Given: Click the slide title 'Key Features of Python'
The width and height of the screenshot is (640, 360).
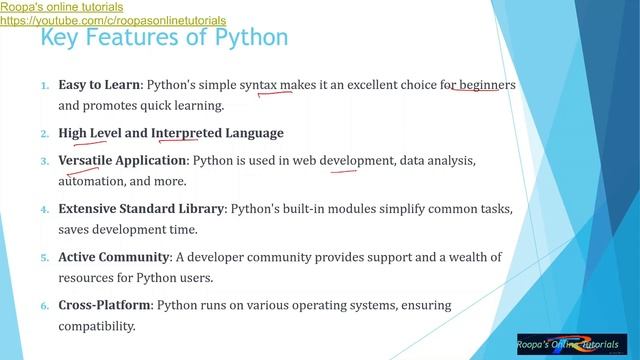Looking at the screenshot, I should click(x=164, y=38).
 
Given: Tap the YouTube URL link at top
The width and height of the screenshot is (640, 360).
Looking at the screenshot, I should click(x=113, y=20).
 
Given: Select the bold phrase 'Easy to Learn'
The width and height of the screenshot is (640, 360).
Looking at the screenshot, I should click(x=99, y=86).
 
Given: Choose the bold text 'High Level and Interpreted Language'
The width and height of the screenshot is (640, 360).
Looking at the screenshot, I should click(x=171, y=133).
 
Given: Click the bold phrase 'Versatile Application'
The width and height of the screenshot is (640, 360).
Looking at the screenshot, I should click(x=123, y=160).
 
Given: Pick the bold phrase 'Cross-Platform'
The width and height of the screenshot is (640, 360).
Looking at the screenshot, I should click(x=104, y=305).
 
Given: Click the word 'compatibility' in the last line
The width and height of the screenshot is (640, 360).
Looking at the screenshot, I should click(x=96, y=327).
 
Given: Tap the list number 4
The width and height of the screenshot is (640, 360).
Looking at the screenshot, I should click(x=44, y=210).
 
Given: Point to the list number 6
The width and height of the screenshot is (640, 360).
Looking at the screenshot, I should click(x=44, y=306).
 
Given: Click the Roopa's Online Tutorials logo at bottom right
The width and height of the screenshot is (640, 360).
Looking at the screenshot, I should click(x=572, y=343).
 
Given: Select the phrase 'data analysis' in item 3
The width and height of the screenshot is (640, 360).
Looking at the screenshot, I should click(x=437, y=160).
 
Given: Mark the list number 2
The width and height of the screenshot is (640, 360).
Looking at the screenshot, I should click(x=44, y=134).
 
